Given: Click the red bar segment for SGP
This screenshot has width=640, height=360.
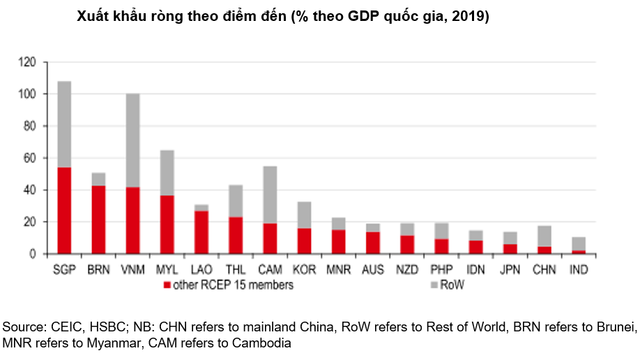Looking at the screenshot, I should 64,211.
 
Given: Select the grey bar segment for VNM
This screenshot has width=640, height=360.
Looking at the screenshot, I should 132,140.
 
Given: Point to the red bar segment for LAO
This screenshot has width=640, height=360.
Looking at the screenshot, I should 201,232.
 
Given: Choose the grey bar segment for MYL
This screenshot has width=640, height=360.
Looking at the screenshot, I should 167,172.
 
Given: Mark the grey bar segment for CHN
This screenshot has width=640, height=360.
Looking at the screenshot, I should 544,236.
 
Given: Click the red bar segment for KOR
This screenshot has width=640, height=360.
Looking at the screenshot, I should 304,241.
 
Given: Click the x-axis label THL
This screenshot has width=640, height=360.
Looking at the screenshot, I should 236,269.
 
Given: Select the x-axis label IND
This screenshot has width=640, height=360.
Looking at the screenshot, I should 579,269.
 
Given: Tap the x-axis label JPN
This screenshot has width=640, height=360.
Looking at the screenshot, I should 510,269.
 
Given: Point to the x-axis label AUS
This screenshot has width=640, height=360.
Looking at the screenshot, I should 373,269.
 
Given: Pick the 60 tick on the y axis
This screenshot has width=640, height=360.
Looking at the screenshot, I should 30,158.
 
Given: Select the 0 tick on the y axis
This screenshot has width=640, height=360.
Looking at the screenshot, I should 33,254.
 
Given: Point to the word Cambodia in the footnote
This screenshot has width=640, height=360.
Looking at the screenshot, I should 264,343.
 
